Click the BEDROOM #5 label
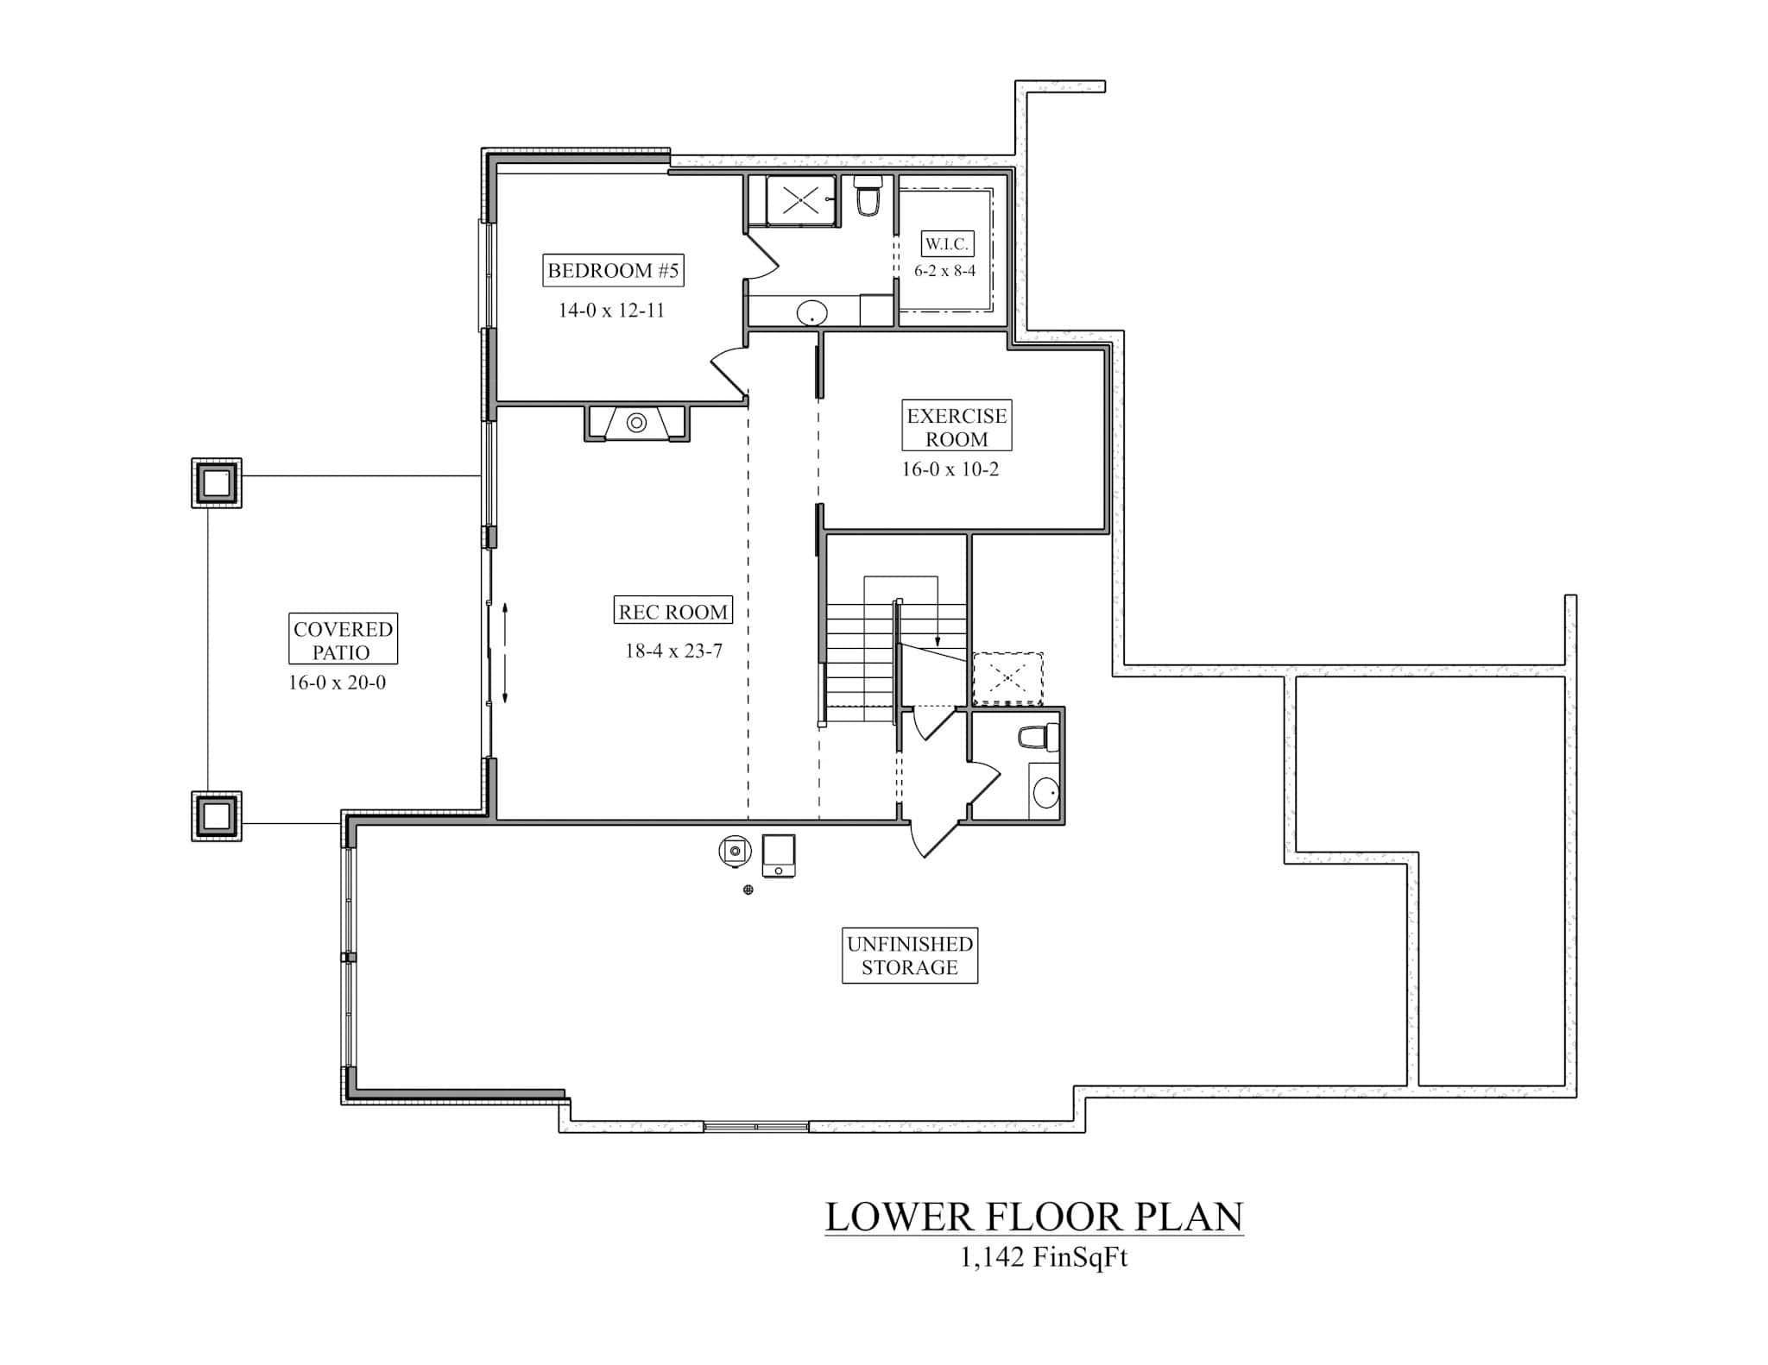coord(613,271)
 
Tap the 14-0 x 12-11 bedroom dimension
coord(611,311)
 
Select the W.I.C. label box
coord(946,244)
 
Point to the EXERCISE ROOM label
coord(957,426)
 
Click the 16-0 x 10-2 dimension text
coord(950,469)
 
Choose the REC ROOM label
coord(672,612)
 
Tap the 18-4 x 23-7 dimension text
coord(673,651)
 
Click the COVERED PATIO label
coord(343,640)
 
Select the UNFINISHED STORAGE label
coord(909,955)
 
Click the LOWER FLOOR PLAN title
coord(1033,1217)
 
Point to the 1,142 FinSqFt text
coord(1043,1258)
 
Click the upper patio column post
coord(217,483)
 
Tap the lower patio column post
coord(217,815)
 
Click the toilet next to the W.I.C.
coord(868,198)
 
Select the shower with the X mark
coord(800,202)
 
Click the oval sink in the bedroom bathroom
coord(811,313)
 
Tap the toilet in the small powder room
coord(1034,737)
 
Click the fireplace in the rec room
coord(636,423)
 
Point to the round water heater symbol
coord(734,851)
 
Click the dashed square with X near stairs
coord(1007,679)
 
